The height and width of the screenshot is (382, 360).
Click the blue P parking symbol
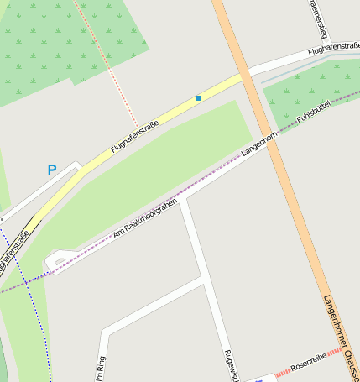pyautogui.click(x=51, y=170)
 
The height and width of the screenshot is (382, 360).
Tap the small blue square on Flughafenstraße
pyautogui.click(x=199, y=98)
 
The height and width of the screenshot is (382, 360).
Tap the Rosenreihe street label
pyautogui.click(x=307, y=362)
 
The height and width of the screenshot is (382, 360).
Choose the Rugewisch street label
pyautogui.click(x=231, y=365)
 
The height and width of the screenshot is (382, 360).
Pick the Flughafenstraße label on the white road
pyautogui.click(x=333, y=51)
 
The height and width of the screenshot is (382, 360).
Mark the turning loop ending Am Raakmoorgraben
pyautogui.click(x=54, y=262)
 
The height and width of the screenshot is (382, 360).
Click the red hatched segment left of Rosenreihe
pyautogui.click(x=281, y=371)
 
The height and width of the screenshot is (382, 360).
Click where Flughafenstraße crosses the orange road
pyautogui.click(x=244, y=76)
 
